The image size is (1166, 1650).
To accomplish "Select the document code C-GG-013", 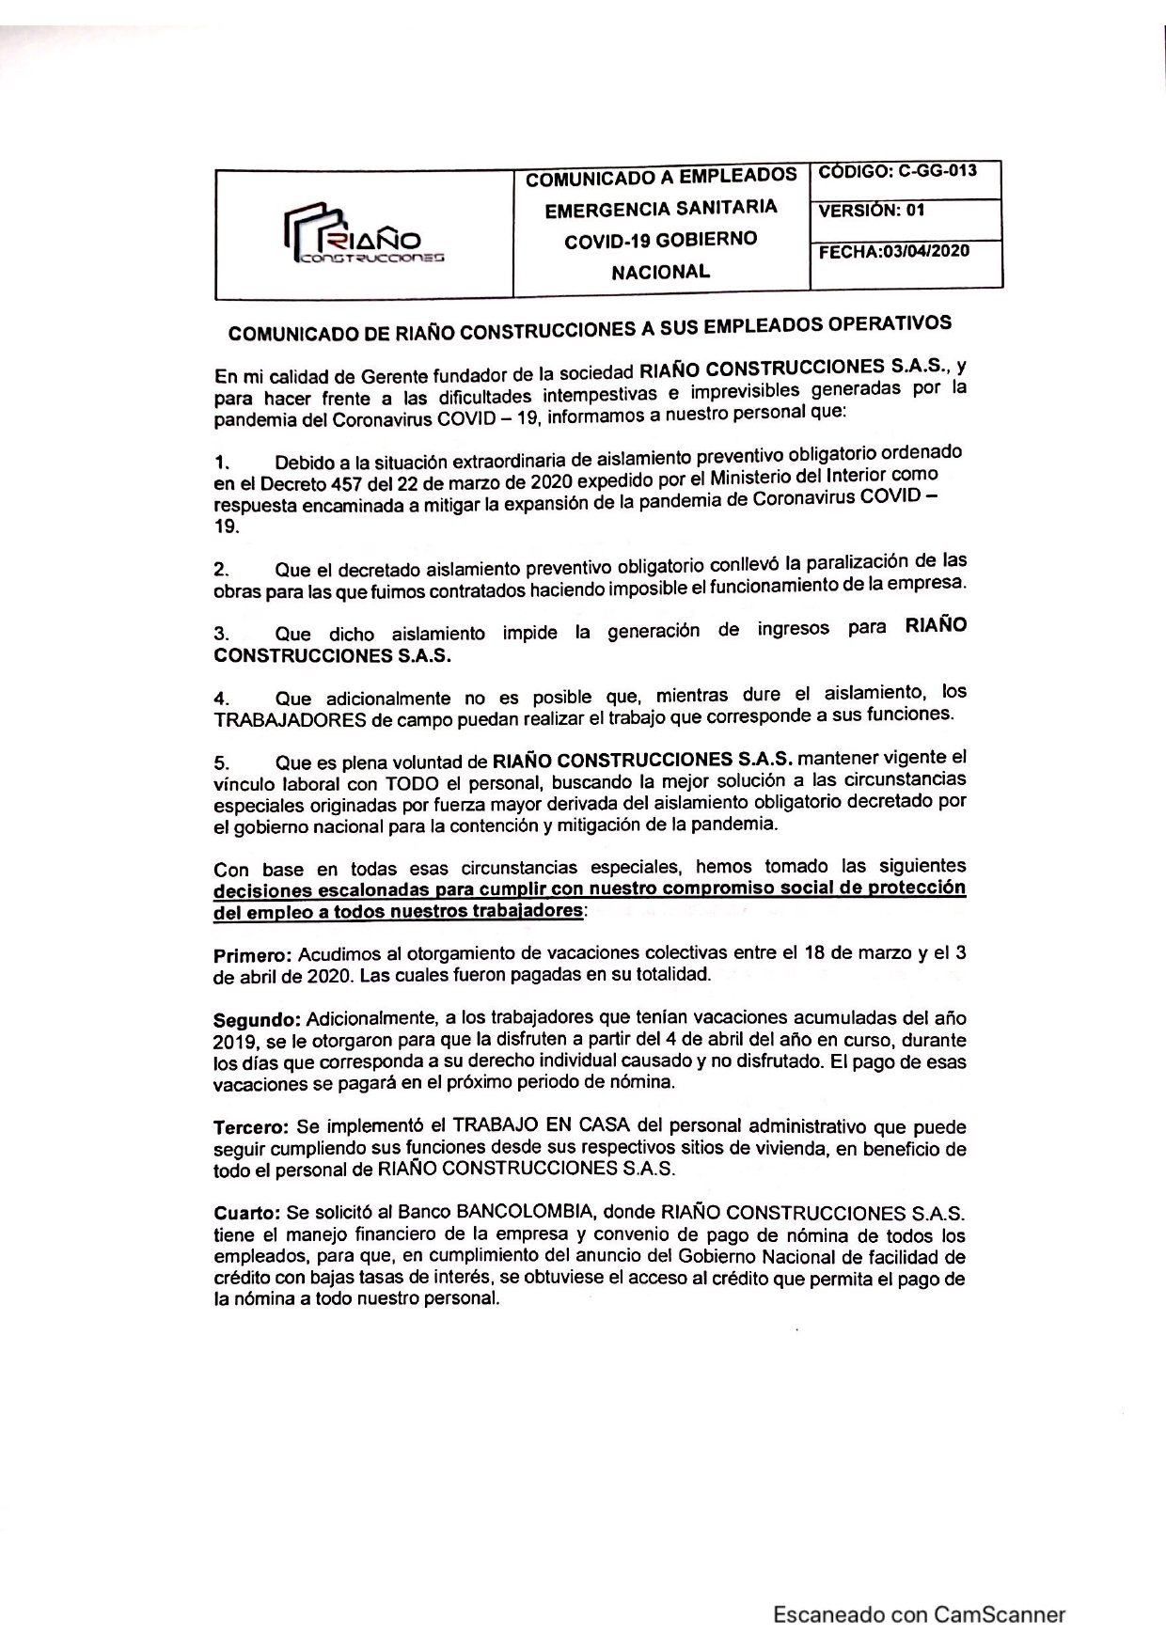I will (937, 172).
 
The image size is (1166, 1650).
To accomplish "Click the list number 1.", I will (221, 463).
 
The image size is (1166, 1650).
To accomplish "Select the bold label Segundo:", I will (257, 1020).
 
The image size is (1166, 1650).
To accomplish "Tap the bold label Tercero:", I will (251, 1127).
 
